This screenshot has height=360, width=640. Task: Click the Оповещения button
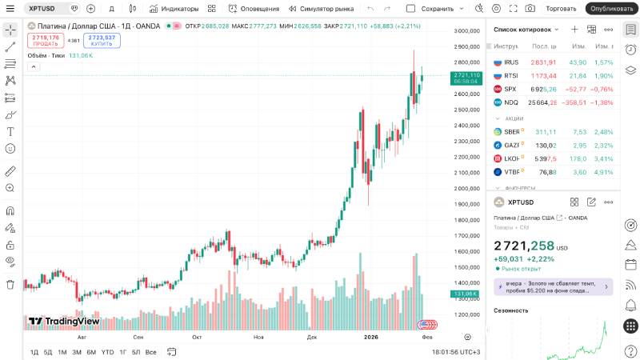tap(249, 9)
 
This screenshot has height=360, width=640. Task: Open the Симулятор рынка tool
tap(321, 9)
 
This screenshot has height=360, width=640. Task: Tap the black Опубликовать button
tap(611, 9)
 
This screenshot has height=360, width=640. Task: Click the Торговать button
tap(561, 9)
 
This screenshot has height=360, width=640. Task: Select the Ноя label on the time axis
tap(258, 338)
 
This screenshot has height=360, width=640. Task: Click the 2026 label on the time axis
tap(370, 338)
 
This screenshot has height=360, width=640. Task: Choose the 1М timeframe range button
tap(62, 352)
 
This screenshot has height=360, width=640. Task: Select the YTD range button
tap(107, 352)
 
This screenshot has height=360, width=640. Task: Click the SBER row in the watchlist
tap(512, 132)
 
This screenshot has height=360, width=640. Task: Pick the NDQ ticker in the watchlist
tap(511, 102)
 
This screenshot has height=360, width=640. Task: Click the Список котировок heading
tap(522, 30)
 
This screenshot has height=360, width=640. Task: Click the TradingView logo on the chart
tap(64, 322)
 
